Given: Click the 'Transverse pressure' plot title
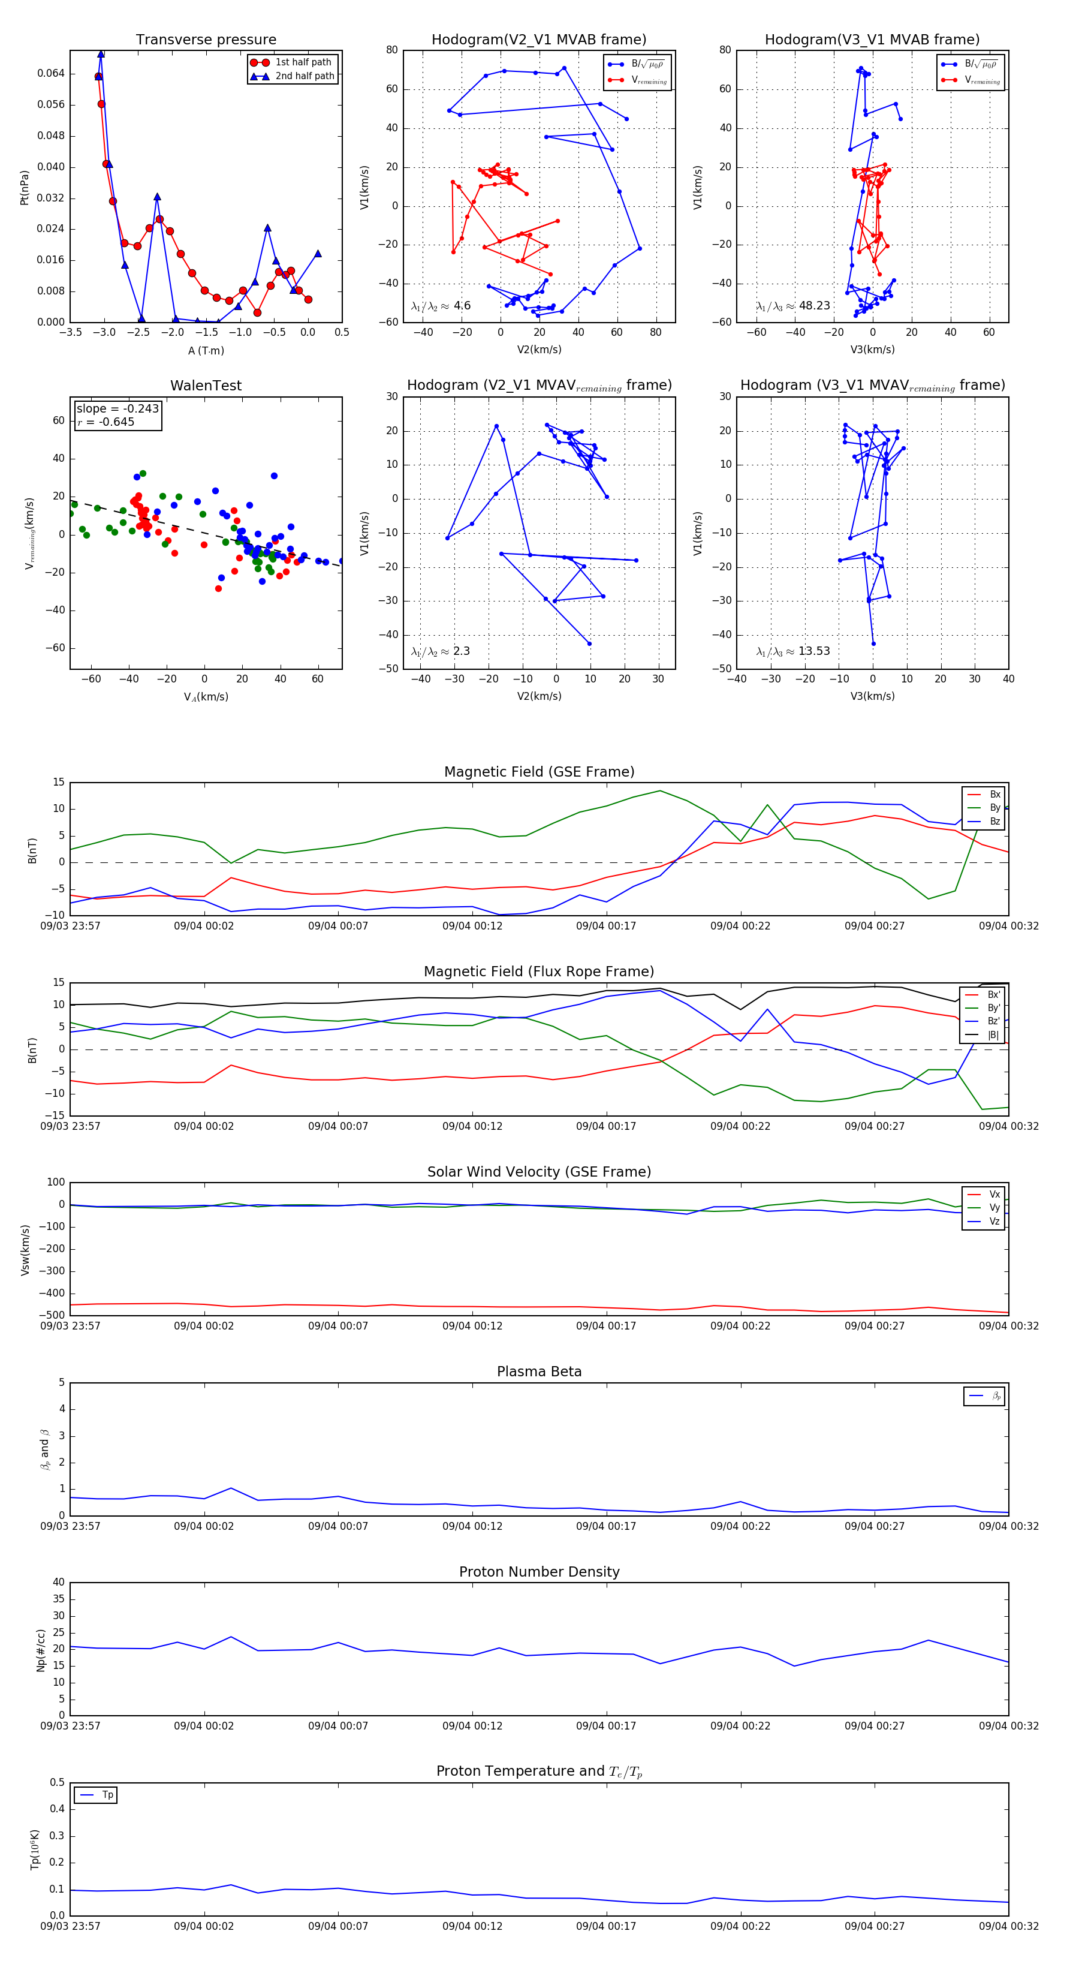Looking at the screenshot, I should [x=206, y=40].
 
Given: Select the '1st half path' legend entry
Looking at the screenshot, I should [x=303, y=62].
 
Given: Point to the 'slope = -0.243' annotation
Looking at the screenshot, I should [x=117, y=409].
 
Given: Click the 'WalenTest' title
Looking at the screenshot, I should [x=206, y=386].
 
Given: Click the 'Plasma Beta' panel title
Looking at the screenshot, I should [x=539, y=1372].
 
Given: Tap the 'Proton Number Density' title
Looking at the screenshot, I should [x=539, y=1571].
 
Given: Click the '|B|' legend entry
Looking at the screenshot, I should [x=993, y=1035].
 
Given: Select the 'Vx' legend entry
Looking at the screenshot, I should [x=994, y=1194].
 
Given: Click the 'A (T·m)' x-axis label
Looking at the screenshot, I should [x=206, y=350].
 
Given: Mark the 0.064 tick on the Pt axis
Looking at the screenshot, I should [x=51, y=74].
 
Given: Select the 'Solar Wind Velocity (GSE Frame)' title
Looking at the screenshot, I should [x=539, y=1172].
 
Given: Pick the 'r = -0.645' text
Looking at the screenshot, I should [x=106, y=422].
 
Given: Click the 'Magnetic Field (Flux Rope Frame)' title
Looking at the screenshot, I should [x=539, y=972].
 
